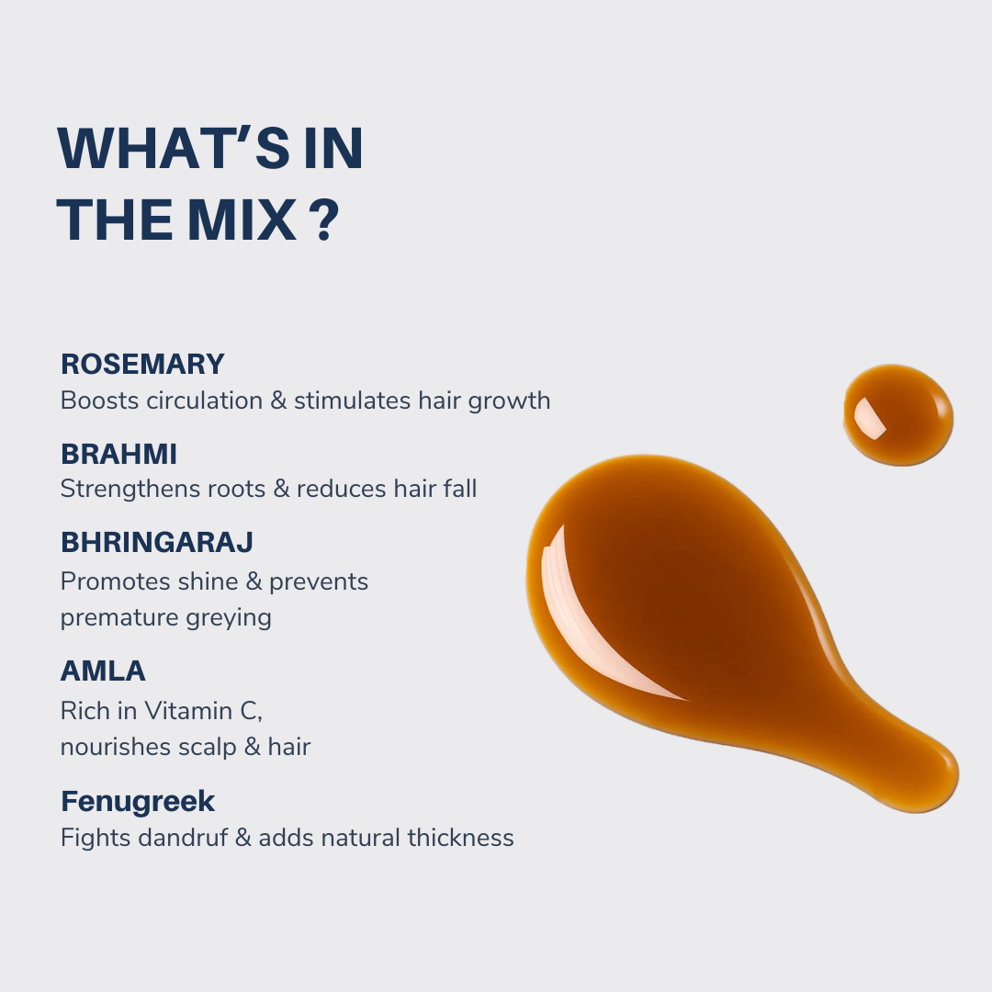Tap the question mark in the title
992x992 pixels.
pos(326,220)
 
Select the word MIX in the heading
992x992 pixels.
pos(242,220)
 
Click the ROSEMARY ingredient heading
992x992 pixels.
pos(142,364)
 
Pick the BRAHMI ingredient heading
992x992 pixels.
pos(118,454)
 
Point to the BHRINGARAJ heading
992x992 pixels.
pos(157,542)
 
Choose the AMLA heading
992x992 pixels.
pos(103,671)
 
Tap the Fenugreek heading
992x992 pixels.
pos(138,801)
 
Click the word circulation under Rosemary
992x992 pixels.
pos(204,400)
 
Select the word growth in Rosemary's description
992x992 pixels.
pos(509,402)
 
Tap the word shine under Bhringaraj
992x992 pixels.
pos(207,581)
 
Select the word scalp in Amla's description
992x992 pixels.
pos(207,748)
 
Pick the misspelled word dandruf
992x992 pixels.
pos(183,838)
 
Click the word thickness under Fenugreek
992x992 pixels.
pos(460,838)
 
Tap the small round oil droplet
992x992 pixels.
pos(898,415)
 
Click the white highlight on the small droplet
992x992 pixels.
pos(869,418)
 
